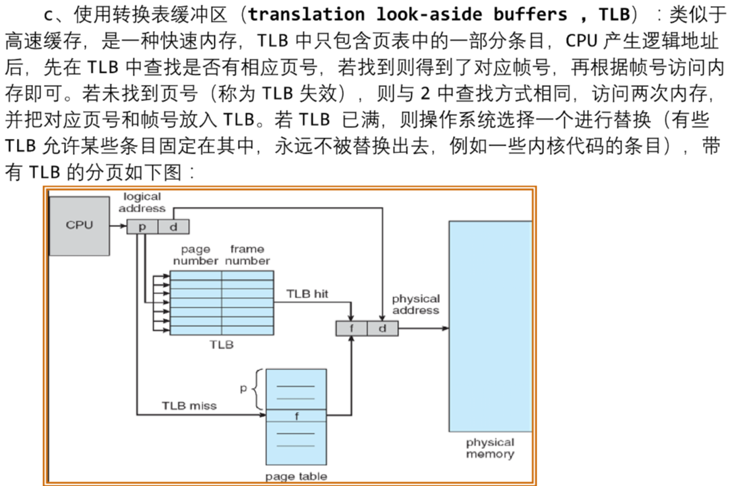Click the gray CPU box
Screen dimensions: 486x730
pos(80,225)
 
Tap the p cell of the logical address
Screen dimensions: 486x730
pos(142,226)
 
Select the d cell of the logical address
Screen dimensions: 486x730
pos(173,226)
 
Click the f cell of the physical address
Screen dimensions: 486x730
pos(351,328)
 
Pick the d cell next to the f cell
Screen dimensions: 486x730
pos(382,328)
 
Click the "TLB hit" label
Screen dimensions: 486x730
pos(307,294)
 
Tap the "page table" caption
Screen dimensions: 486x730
pos(296,476)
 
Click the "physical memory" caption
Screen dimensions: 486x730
pos(489,448)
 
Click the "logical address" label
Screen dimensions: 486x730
pos(142,202)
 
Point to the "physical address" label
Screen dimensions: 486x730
pos(415,304)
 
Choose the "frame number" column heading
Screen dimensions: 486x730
pos(247,255)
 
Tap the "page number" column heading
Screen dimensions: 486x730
pos(195,255)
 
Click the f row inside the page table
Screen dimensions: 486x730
pos(296,416)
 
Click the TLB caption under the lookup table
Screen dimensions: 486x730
pos(221,344)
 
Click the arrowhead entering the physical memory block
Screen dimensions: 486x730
pos(445,328)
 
